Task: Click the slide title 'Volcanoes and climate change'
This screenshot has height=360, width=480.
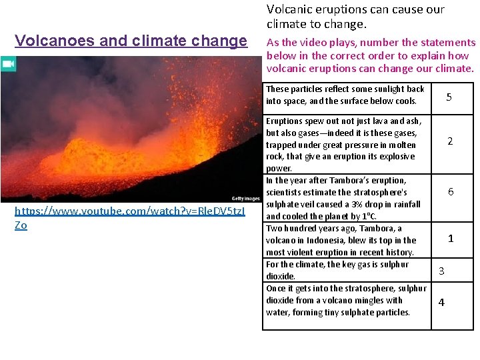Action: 131,41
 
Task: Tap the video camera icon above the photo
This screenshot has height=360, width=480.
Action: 8,64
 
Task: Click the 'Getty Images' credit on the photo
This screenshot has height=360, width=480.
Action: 245,198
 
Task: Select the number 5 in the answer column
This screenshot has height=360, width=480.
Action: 449,97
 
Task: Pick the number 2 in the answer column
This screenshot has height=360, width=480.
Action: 450,141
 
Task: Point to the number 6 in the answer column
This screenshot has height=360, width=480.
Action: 451,192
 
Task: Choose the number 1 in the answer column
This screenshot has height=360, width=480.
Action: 451,238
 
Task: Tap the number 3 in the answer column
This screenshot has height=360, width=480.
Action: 441,271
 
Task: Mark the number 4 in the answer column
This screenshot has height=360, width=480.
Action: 441,302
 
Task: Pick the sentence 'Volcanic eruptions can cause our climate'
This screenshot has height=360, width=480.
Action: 355,16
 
